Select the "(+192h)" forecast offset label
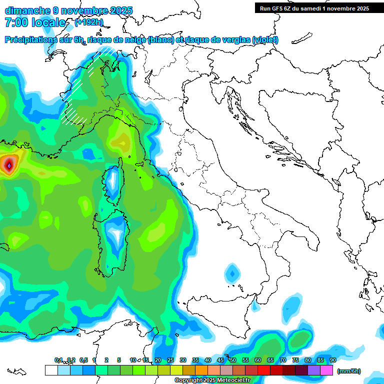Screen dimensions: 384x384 89,22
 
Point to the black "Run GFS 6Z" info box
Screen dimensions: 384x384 314,8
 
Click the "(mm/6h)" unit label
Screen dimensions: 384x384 349,371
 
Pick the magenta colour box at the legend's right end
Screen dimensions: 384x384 327,370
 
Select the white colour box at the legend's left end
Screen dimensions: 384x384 51,370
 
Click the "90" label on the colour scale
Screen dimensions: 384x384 333,360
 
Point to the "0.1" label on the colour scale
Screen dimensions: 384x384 59,360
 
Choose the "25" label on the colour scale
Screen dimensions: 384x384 170,360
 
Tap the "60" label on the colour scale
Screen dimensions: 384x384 258,360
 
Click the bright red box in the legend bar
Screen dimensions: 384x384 264,370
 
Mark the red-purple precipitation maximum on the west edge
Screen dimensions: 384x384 8,164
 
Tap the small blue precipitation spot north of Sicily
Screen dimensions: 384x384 231,273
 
